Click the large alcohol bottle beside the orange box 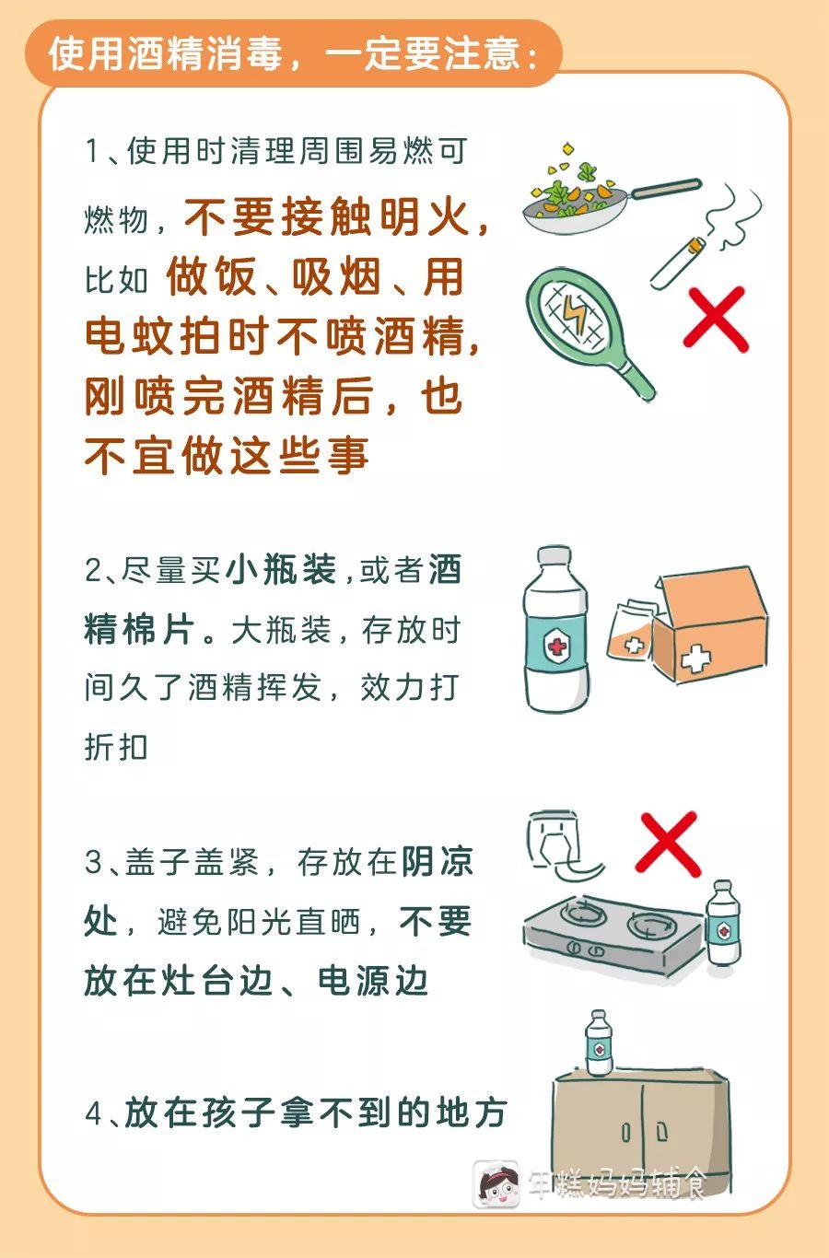click(556, 629)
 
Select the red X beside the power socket click(667, 844)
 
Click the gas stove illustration click(613, 934)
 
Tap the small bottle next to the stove click(723, 923)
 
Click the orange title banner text click(293, 54)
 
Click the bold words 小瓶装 click(281, 569)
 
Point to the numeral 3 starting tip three click(93, 861)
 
